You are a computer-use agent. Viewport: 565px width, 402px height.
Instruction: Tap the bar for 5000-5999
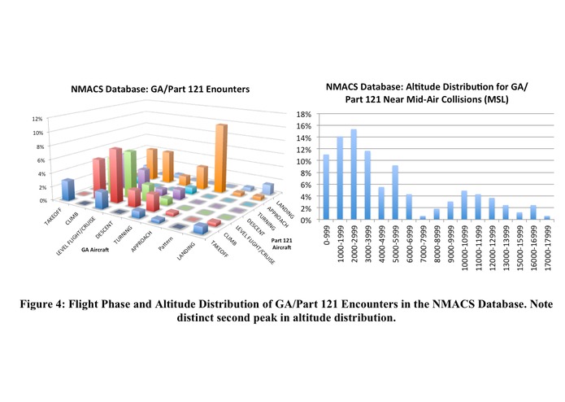(395, 193)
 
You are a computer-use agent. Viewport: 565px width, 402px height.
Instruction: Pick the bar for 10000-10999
(464, 205)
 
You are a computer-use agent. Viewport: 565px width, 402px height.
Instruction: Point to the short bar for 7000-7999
(423, 217)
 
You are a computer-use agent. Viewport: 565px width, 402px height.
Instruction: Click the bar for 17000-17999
(546, 217)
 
